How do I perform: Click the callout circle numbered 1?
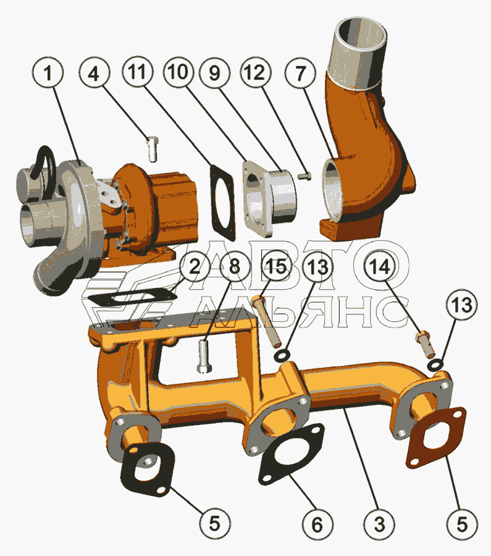click(48, 73)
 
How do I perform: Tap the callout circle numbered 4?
click(94, 73)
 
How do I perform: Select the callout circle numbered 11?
click(138, 72)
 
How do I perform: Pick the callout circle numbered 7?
click(300, 73)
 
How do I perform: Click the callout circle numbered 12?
click(255, 72)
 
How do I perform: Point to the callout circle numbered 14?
click(380, 266)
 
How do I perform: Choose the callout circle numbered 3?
click(379, 524)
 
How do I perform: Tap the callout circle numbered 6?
click(317, 524)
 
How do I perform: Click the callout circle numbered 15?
click(277, 266)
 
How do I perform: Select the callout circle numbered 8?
click(234, 266)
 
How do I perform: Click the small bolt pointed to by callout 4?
click(153, 149)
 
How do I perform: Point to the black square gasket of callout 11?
click(222, 203)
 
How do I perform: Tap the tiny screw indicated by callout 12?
click(304, 175)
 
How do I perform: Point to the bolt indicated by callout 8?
click(204, 356)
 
